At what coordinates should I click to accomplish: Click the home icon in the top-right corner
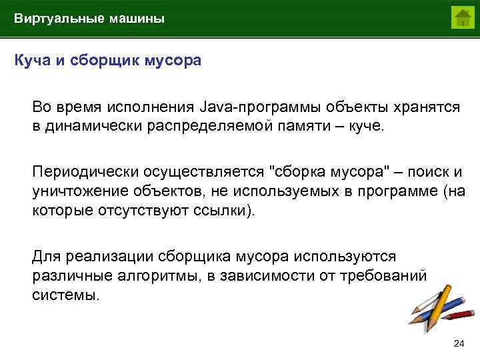click(461, 17)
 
